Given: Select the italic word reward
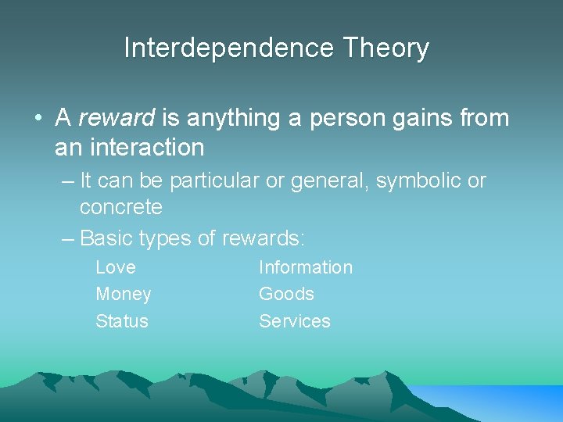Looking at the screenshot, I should coord(117,118).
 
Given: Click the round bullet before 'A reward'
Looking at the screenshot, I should coord(38,119).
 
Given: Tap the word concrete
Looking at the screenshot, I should coord(121,208).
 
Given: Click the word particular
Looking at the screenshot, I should coord(213,181).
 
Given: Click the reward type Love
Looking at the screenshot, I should coord(116,267).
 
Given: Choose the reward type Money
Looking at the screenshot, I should coord(124,295).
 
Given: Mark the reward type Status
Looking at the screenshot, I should coord(122,321).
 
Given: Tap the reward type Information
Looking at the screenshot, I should coord(306,267).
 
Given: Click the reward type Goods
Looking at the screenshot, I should coord(287,295).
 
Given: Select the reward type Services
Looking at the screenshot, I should coord(295,321).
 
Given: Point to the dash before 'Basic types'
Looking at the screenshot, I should coord(67,238).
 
